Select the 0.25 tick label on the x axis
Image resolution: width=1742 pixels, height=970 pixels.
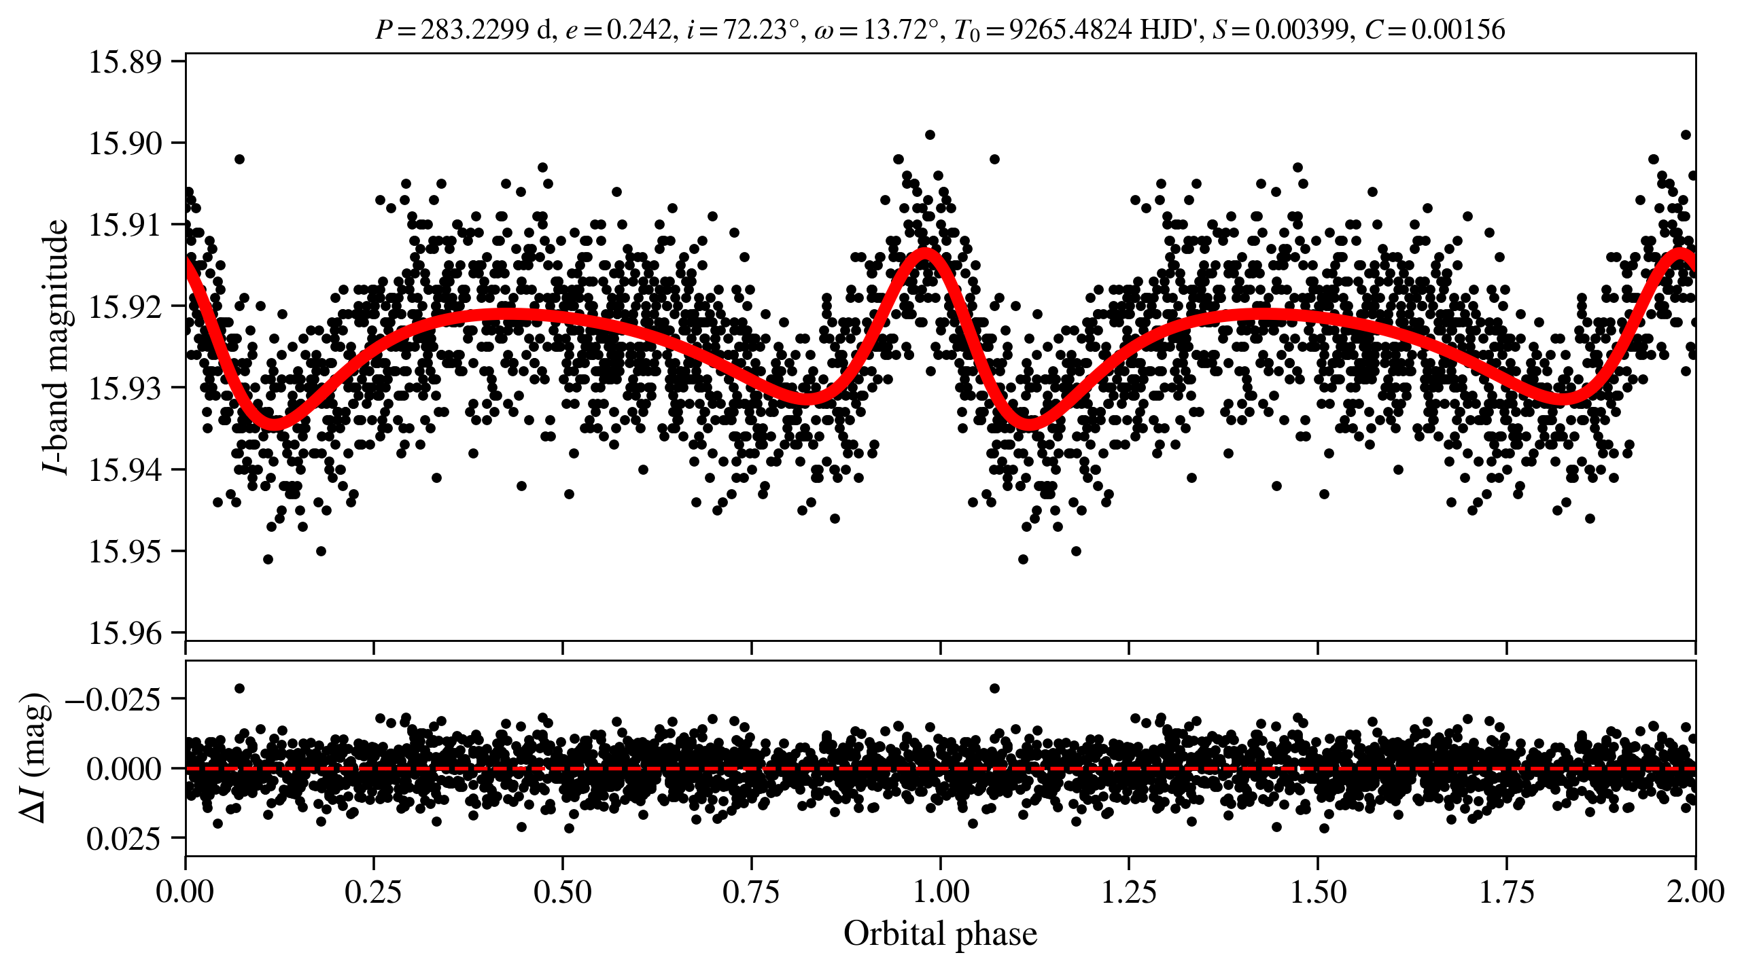pos(373,891)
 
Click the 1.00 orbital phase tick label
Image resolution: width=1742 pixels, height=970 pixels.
pos(940,891)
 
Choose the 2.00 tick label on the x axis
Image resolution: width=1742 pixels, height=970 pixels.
pos(1695,891)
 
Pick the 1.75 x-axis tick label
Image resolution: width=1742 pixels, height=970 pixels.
pos(1507,891)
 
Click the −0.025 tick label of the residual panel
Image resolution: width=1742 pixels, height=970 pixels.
pos(114,699)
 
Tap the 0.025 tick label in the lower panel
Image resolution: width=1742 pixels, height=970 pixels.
pos(124,840)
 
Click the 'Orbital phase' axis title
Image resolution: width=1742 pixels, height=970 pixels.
pos(940,934)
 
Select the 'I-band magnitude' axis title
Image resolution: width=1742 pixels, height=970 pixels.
pos(56,346)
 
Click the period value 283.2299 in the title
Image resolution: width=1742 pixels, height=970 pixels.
pos(474,30)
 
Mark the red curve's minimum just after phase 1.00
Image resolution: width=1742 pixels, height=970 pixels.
pos(1030,425)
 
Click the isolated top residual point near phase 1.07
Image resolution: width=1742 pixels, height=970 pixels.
pos(994,688)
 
